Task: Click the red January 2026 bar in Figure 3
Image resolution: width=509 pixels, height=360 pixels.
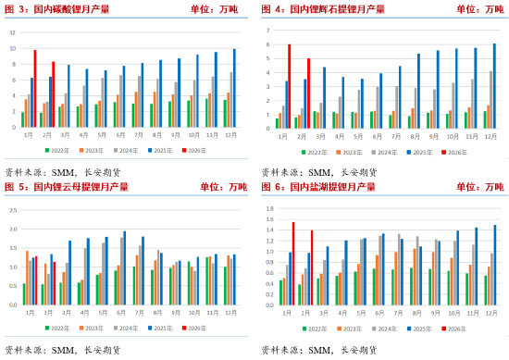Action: pyautogui.click(x=34, y=89)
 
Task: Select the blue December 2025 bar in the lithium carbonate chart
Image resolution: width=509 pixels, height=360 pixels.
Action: pyautogui.click(x=234, y=88)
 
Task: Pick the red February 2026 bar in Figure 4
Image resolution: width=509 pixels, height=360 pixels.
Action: pyautogui.click(x=308, y=93)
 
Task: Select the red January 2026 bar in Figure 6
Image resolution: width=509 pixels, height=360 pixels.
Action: pyautogui.click(x=293, y=264)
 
